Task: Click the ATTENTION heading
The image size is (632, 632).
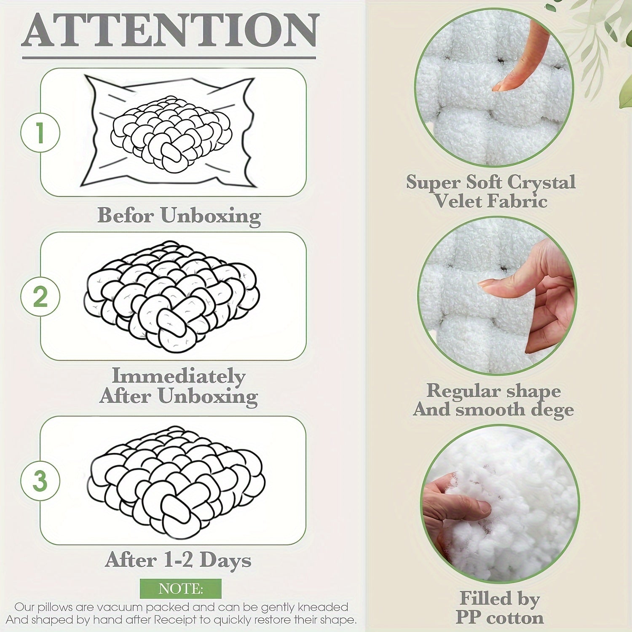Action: (170, 30)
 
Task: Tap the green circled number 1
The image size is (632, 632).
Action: (40, 133)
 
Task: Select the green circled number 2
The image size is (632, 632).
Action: (40, 297)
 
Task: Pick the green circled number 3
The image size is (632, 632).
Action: (40, 481)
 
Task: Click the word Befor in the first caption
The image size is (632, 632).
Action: (126, 215)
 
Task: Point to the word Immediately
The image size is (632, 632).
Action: (179, 376)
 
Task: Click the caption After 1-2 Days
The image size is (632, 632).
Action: (178, 560)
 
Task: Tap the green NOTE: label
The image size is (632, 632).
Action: (181, 589)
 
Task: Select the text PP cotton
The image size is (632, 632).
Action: (500, 618)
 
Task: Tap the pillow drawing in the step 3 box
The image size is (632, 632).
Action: (176, 482)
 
